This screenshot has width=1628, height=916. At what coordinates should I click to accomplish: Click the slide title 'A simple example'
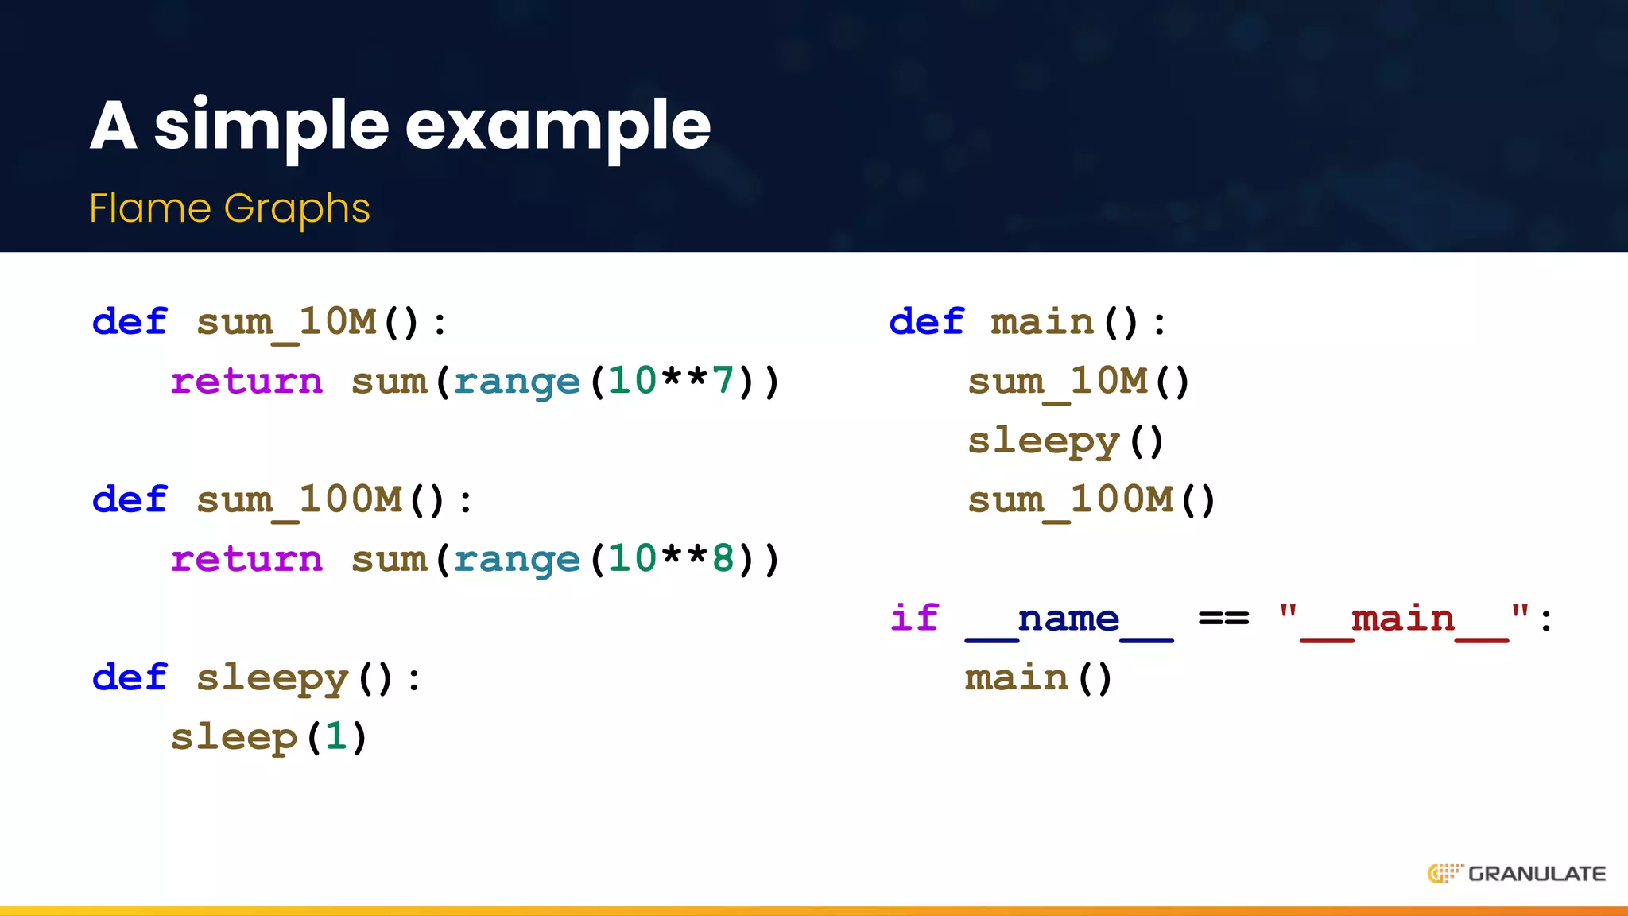click(x=400, y=126)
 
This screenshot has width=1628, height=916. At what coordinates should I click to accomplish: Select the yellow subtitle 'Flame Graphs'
click(x=230, y=208)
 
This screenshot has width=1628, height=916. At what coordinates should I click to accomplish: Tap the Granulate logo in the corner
click(x=1516, y=873)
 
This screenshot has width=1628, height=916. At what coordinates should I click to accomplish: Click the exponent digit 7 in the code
click(x=723, y=380)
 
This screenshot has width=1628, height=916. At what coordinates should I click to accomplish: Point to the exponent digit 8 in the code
click(x=723, y=558)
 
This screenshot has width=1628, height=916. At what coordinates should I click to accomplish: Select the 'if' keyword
click(x=914, y=618)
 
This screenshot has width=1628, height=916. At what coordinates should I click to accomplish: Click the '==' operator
click(x=1223, y=618)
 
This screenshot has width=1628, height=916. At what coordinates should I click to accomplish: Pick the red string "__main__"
click(x=1404, y=619)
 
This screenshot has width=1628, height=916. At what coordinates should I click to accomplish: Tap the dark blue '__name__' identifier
click(x=1069, y=619)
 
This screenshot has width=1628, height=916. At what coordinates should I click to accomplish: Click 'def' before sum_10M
click(x=130, y=322)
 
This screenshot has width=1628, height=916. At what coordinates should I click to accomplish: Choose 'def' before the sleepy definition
click(x=130, y=677)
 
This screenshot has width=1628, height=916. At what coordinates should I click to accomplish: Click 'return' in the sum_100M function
click(x=246, y=558)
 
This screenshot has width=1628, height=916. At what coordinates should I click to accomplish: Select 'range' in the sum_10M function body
click(x=517, y=382)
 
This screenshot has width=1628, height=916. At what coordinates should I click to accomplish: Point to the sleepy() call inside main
click(x=1065, y=441)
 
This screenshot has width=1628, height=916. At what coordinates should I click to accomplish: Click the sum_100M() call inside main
click(x=1091, y=500)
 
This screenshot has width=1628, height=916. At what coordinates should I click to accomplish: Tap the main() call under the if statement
click(x=1038, y=677)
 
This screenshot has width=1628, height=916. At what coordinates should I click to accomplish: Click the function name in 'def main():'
click(x=1042, y=322)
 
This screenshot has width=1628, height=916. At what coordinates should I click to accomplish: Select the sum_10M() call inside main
click(x=1079, y=382)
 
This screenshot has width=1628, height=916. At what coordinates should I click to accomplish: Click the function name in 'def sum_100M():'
click(x=299, y=500)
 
